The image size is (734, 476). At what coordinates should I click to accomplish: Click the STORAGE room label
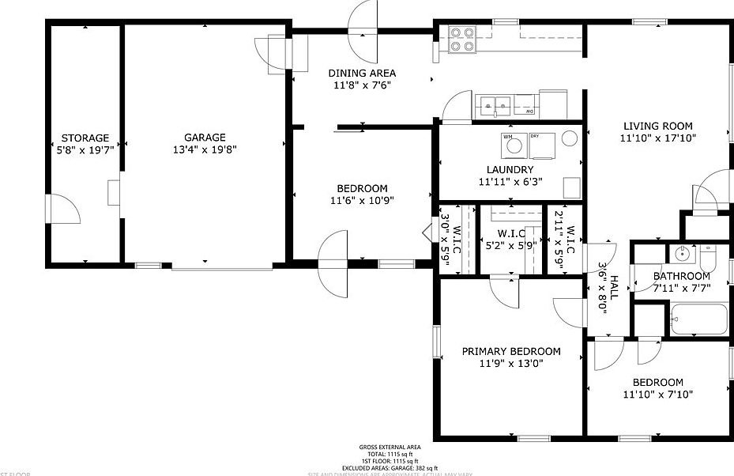85,138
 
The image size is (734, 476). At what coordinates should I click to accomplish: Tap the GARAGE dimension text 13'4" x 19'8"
205,149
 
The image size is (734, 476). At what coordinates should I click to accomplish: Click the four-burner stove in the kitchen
461,40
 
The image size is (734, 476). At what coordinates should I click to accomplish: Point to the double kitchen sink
495,104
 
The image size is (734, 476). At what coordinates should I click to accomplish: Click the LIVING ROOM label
657,126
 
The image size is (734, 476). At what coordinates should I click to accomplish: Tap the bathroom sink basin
680,255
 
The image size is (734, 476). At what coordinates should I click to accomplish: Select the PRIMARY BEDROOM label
511,352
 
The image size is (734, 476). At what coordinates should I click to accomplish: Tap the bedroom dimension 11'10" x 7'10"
657,394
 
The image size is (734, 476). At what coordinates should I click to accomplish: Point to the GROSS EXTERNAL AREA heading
390,447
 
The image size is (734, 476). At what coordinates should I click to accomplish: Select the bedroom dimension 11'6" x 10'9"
362,200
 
